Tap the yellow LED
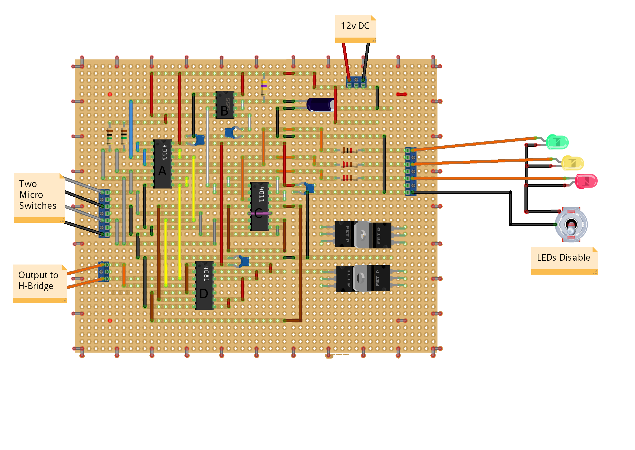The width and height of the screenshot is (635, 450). coord(572,163)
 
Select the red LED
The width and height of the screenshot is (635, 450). coord(586,181)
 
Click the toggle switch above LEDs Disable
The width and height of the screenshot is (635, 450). coord(571,224)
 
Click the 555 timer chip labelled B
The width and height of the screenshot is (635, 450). coord(225,105)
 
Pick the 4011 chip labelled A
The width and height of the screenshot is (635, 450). coord(163,164)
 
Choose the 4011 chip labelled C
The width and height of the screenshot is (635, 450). coord(259,206)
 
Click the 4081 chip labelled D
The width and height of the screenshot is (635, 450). coord(204,285)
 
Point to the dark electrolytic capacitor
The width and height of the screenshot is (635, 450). coord(321,104)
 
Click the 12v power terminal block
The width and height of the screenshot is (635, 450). coord(356,82)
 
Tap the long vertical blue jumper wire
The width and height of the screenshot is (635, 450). coord(131,129)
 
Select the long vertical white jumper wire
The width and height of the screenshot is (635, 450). coord(208,147)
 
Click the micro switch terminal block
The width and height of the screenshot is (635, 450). coord(104,213)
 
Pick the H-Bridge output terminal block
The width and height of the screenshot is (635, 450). coord(104,272)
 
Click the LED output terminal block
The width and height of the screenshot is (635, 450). coord(410,171)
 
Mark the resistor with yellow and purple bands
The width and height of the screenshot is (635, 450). coord(264,87)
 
